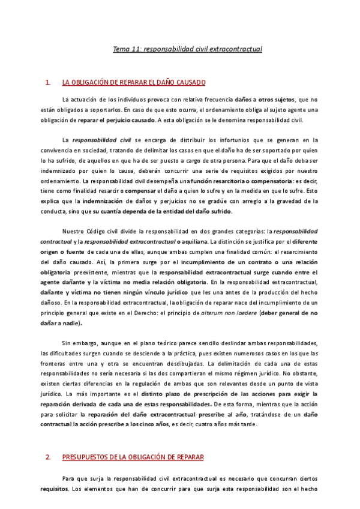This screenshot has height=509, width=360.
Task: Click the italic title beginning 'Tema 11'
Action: click(x=188, y=49)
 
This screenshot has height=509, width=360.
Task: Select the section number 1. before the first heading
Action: click(x=48, y=82)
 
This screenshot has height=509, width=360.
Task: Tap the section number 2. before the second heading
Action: click(x=48, y=457)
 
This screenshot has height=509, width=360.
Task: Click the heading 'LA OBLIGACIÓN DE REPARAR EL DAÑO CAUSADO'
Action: click(x=134, y=82)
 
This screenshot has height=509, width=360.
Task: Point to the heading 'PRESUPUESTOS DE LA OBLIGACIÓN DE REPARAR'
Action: click(x=133, y=457)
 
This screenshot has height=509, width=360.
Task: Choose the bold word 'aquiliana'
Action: click(x=223, y=241)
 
